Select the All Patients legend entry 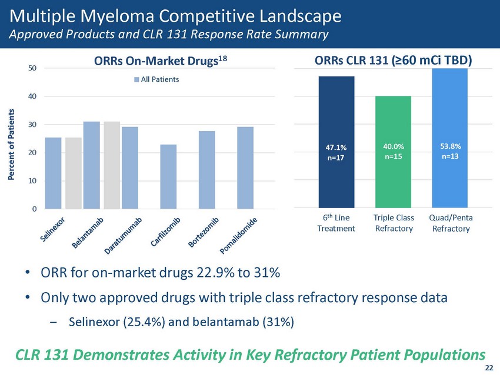click(156, 79)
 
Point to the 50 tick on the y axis click(33, 68)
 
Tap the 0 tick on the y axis click(35, 209)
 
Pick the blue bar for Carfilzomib click(168, 176)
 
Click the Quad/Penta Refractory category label click(451, 223)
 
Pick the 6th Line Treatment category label click(335, 223)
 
